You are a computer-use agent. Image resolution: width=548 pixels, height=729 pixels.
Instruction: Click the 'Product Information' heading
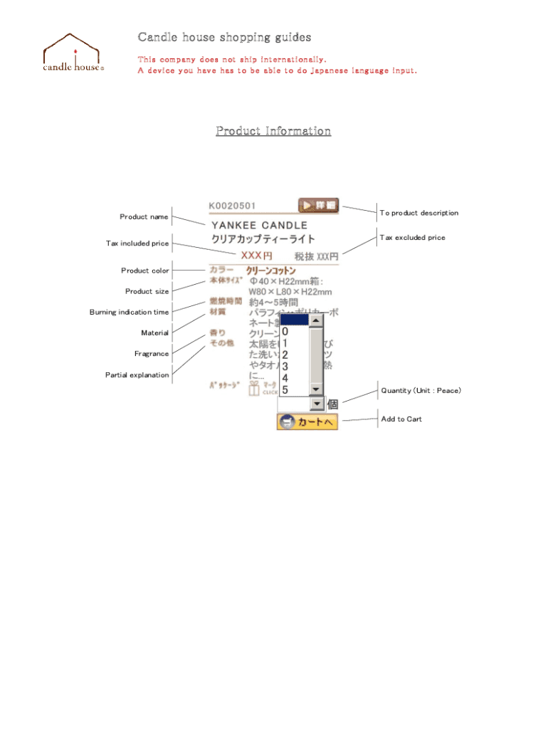[x=273, y=131]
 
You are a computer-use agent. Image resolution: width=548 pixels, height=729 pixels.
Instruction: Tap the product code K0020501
[x=232, y=206]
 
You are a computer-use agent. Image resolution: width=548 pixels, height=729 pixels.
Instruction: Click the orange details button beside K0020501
[x=318, y=205]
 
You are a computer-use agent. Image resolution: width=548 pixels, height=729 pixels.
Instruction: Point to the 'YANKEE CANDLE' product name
[x=259, y=225]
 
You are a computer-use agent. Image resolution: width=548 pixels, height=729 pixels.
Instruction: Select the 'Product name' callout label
[x=144, y=217]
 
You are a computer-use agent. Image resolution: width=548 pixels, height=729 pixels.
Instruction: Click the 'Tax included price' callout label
[x=137, y=243]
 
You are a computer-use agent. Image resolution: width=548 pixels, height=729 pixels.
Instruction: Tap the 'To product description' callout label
[x=418, y=213]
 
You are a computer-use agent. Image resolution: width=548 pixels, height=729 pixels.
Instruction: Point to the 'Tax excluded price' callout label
[x=412, y=238]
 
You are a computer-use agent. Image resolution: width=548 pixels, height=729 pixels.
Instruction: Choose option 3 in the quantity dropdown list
[x=285, y=367]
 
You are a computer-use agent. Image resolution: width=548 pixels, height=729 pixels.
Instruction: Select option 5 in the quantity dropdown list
[x=285, y=389]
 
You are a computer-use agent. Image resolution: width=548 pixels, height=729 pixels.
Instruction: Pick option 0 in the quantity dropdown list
[x=285, y=332]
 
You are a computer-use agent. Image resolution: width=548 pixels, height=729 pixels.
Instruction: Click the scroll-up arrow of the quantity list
[x=317, y=320]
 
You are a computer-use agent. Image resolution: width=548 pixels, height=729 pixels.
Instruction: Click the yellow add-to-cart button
[x=307, y=421]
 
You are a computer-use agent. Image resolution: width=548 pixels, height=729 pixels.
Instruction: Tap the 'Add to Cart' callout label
[x=401, y=419]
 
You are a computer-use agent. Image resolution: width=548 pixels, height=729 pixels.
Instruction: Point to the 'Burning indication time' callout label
[x=129, y=313]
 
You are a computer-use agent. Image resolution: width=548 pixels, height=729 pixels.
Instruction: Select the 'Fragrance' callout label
[x=152, y=354]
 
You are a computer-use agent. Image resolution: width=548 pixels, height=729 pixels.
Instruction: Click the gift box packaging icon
[x=254, y=388]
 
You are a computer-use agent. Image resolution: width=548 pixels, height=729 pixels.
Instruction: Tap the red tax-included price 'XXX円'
[x=256, y=255]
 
